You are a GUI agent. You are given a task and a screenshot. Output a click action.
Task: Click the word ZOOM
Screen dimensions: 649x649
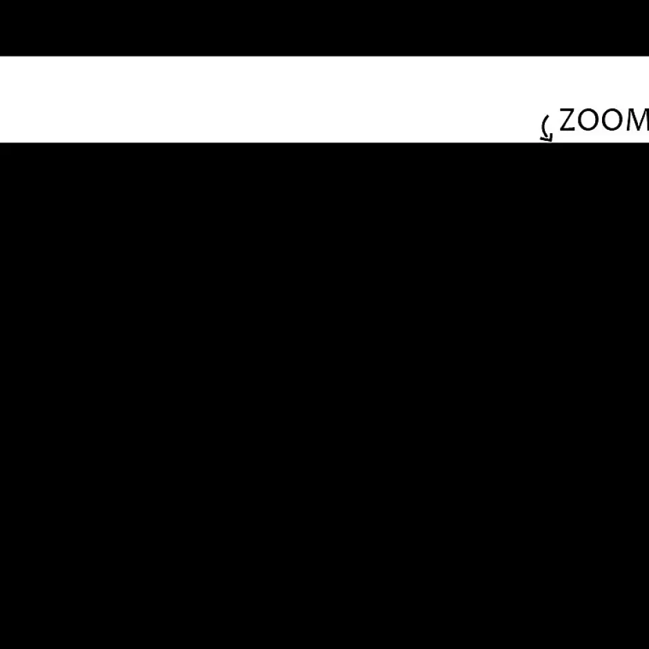click(x=604, y=119)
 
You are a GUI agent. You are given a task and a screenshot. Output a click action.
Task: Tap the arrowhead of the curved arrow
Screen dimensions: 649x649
click(x=548, y=138)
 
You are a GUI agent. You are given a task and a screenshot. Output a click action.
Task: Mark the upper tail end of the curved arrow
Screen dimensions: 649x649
click(x=549, y=116)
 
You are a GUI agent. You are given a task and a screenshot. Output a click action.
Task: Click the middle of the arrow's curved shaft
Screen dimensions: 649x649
click(x=543, y=126)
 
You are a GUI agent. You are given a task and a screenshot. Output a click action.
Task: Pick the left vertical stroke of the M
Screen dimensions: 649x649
click(x=630, y=119)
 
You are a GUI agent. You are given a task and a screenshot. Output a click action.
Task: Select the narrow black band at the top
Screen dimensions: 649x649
click(x=324, y=28)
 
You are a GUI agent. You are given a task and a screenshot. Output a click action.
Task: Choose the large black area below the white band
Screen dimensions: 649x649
click(x=324, y=396)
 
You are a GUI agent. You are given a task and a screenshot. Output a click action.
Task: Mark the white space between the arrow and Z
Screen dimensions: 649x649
click(x=556, y=122)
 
